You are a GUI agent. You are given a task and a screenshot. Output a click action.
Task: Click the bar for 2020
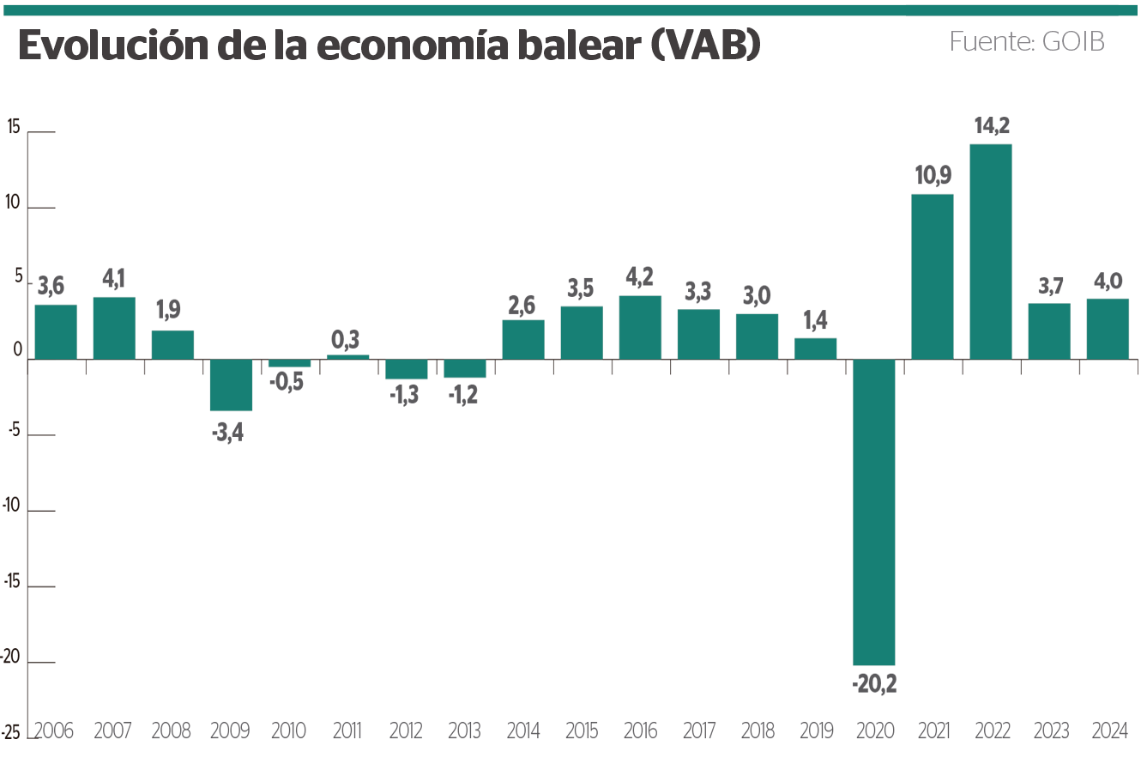[873, 512]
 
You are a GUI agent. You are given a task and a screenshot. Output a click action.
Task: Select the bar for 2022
[991, 252]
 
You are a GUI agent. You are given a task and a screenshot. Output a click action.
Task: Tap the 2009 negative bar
[231, 385]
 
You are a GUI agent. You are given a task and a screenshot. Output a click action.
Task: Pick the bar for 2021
[933, 276]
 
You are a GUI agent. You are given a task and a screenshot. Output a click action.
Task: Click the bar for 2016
[640, 327]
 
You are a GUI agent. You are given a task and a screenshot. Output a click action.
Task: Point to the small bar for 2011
[347, 357]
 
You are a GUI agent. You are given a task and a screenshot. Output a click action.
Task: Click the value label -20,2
[873, 684]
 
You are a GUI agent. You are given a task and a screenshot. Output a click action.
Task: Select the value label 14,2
[992, 126]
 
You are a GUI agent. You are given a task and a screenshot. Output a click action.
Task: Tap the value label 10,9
[933, 176]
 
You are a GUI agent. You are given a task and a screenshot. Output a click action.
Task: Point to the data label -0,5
[287, 382]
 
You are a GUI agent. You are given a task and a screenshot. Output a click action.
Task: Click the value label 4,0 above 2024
[1108, 282]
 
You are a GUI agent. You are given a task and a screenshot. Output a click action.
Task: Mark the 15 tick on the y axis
[14, 127]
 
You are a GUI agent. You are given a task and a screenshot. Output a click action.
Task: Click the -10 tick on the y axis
[11, 506]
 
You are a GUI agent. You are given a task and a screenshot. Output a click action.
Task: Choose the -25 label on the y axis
[11, 733]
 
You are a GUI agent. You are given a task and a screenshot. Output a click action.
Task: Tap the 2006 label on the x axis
[54, 731]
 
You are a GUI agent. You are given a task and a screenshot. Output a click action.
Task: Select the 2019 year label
[816, 731]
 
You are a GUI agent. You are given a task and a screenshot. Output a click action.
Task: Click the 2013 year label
[464, 731]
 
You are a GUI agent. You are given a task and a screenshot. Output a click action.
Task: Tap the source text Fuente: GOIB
[1026, 41]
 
